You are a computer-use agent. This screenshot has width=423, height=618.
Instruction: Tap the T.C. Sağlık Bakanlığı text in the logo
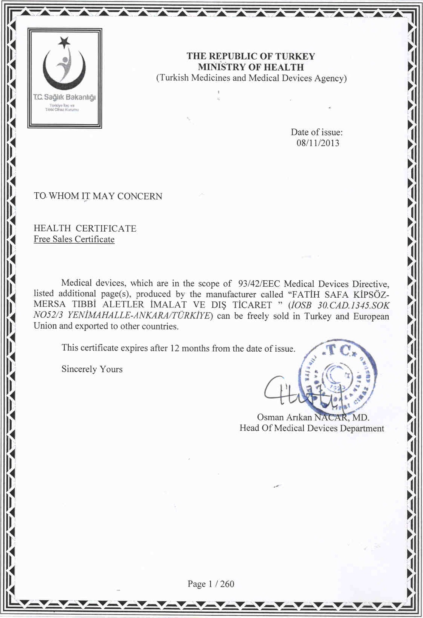click(64, 97)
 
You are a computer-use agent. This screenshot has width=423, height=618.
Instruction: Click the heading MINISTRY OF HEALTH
click(251, 67)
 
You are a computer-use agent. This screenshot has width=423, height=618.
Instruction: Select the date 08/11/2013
click(318, 143)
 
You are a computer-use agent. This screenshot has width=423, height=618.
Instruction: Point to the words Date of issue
click(316, 132)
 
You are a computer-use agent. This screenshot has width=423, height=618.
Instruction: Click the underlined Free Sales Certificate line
click(74, 239)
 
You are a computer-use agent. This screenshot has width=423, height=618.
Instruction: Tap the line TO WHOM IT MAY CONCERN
click(98, 196)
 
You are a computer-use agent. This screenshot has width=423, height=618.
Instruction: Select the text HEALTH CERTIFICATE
click(85, 228)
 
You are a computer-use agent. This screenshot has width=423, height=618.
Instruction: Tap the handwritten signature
click(299, 395)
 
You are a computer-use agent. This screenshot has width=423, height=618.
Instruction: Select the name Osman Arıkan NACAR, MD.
click(313, 417)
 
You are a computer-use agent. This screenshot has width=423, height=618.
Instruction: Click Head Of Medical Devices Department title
click(311, 428)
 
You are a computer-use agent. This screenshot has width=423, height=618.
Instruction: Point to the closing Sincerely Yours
click(92, 369)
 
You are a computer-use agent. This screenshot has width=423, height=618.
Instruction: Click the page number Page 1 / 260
click(211, 584)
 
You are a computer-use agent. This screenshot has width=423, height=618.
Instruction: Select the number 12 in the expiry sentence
click(175, 348)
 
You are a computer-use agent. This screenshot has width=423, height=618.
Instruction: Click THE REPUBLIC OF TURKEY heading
click(251, 56)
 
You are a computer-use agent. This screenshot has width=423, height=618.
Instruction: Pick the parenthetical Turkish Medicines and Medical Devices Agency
click(251, 78)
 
